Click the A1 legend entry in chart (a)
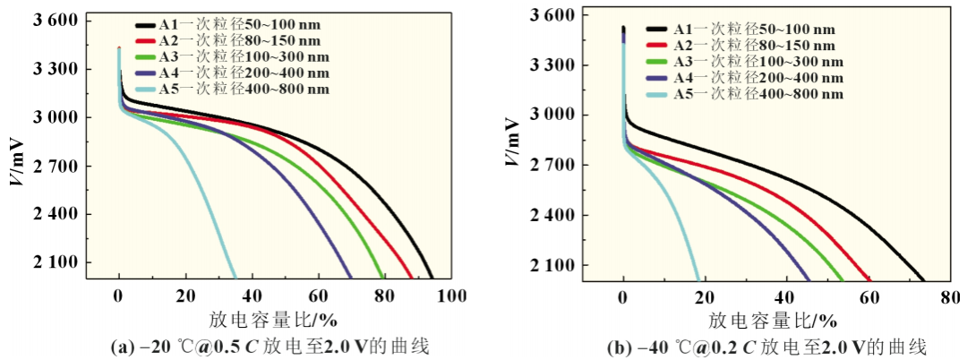[x=234, y=27]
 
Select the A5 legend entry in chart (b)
[x=756, y=94]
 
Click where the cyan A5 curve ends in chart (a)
[x=235, y=279]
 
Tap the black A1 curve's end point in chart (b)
[x=924, y=279]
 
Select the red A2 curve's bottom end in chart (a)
[x=413, y=279]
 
